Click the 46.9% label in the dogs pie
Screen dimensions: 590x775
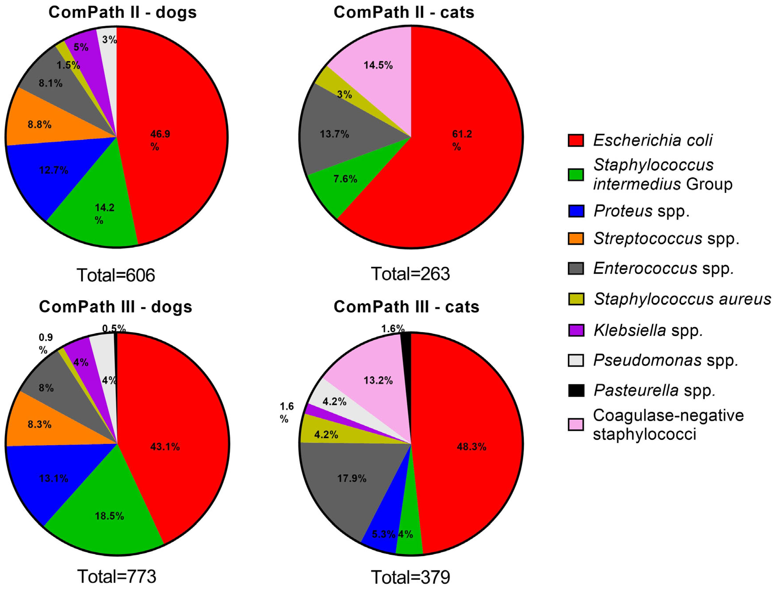pos(160,140)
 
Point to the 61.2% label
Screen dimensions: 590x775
pos(461,140)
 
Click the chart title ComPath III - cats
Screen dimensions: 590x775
pos(406,307)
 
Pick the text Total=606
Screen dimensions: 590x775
pos(116,275)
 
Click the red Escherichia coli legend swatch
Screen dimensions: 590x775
pos(576,140)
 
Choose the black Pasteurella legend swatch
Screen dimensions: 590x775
pos(576,390)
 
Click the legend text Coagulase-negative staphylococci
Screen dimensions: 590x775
pos(668,425)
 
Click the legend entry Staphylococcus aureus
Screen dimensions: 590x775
pos(682,299)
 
